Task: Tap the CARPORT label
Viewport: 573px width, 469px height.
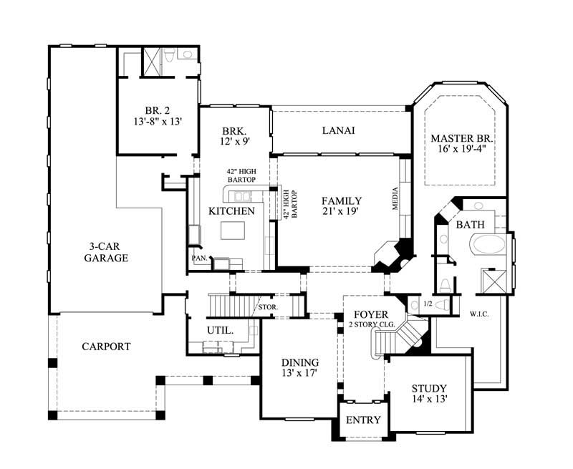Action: point(106,347)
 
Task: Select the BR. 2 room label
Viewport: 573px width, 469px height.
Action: point(158,110)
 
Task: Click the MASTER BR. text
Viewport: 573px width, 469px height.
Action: point(458,137)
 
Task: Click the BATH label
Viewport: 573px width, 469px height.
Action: point(471,225)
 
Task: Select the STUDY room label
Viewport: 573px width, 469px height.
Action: point(429,388)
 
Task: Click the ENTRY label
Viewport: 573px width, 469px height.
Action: point(363,420)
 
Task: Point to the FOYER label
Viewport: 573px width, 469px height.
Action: point(370,314)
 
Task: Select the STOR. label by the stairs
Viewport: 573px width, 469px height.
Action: point(268,308)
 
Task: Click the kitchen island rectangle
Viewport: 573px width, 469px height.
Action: point(233,231)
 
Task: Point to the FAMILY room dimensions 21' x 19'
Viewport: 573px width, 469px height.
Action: point(341,212)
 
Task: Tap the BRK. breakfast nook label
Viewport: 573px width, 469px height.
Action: point(234,132)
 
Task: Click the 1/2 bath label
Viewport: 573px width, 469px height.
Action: point(428,304)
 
